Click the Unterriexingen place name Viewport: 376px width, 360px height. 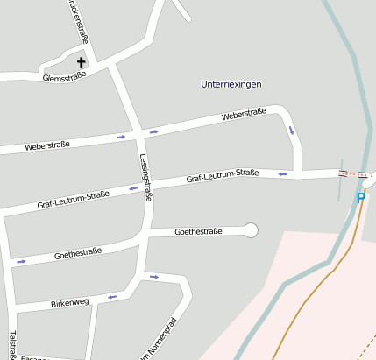[x=231, y=84]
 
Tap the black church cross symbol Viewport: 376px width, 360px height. [x=82, y=62]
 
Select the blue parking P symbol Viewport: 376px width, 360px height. [x=360, y=198]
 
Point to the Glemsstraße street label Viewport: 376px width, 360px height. [x=64, y=76]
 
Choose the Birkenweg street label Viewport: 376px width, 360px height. [x=70, y=303]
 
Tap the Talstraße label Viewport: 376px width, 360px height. [x=11, y=344]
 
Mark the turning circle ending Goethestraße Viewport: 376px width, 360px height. [x=252, y=230]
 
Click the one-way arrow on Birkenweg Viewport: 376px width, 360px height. [x=111, y=297]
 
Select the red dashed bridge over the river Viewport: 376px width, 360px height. [x=354, y=173]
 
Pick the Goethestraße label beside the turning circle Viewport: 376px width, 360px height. [x=198, y=231]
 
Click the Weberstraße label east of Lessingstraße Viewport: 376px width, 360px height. [x=244, y=115]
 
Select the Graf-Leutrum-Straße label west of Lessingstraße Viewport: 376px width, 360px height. [x=73, y=200]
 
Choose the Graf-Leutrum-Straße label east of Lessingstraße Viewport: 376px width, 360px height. [x=222, y=177]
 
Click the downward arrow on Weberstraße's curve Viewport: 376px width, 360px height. [x=291, y=131]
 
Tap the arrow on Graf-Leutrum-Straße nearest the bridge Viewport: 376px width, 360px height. [x=282, y=173]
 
